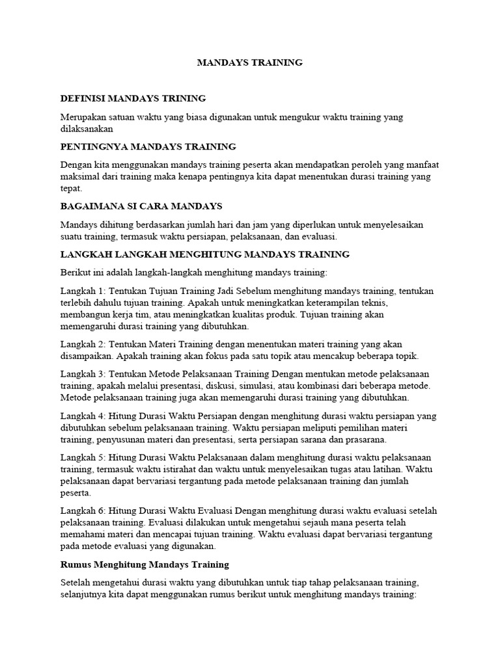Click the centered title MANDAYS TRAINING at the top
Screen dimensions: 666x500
(250, 63)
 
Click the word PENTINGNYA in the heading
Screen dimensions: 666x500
(90, 146)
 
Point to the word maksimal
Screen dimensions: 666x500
(79, 176)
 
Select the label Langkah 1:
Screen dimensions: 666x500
(83, 290)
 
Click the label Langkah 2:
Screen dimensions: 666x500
(83, 344)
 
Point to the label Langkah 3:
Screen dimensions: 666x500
(83, 374)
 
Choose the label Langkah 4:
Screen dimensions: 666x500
(83, 416)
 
